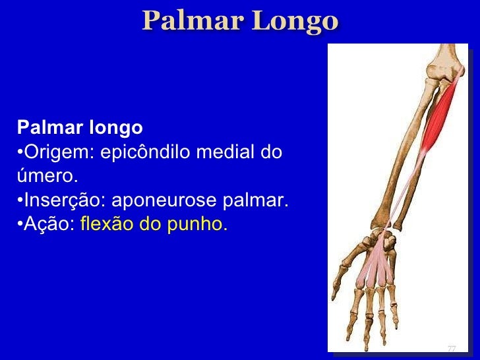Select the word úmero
(x=45, y=177)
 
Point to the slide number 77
(x=452, y=349)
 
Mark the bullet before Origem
(x=20, y=152)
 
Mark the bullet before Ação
(x=20, y=225)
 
